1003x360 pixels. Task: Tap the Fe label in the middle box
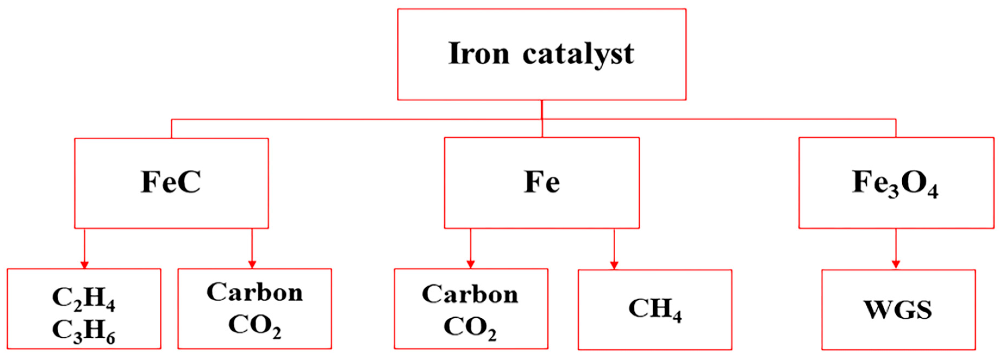click(x=542, y=182)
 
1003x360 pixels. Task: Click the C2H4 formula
click(x=83, y=299)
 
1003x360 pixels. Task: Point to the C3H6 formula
click(x=83, y=331)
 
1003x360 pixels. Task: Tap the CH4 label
click(x=655, y=310)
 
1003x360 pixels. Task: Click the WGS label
click(x=898, y=310)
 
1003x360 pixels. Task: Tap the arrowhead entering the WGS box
click(x=896, y=265)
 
